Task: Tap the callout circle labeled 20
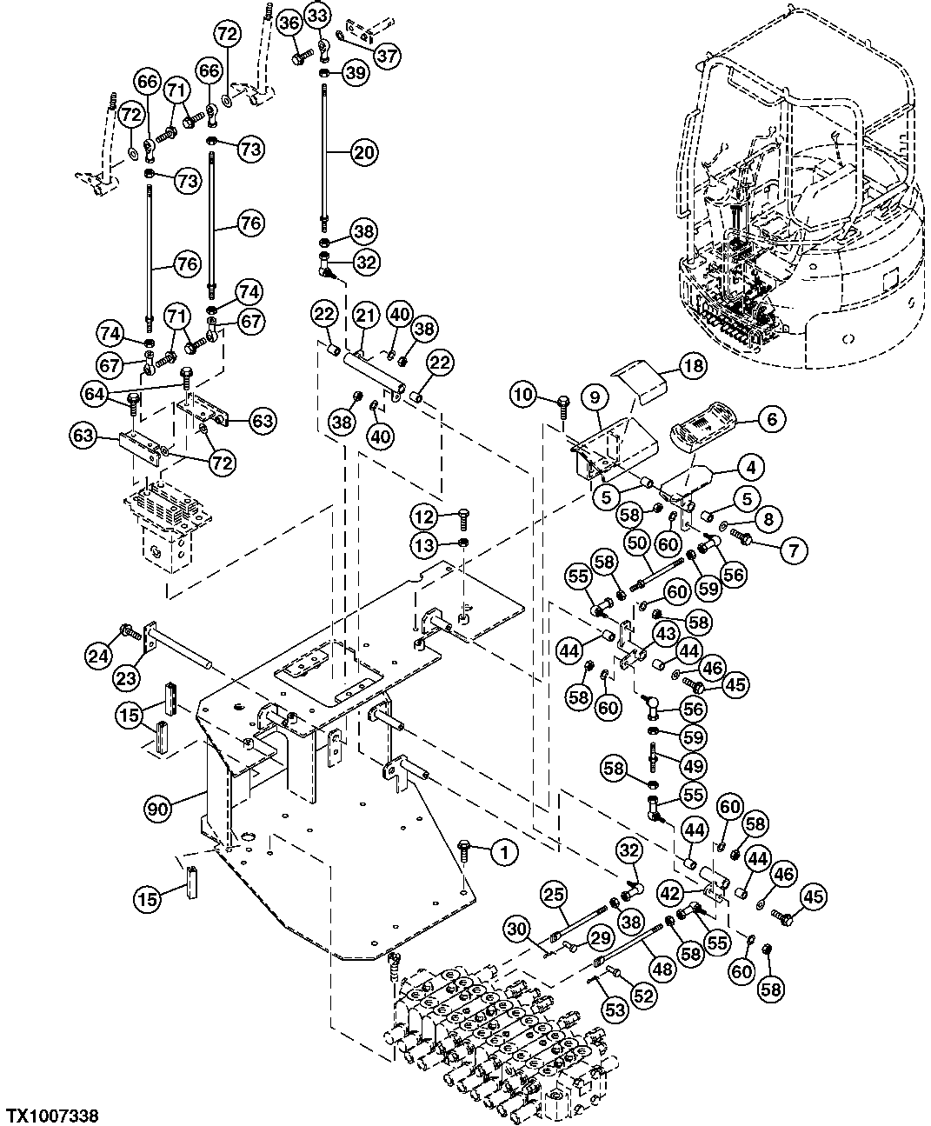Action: (x=363, y=152)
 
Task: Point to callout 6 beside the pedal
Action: (x=771, y=419)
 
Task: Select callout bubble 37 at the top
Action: (x=387, y=55)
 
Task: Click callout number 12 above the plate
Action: (x=424, y=517)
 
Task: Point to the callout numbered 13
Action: (x=424, y=544)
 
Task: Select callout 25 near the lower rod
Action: (x=554, y=892)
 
